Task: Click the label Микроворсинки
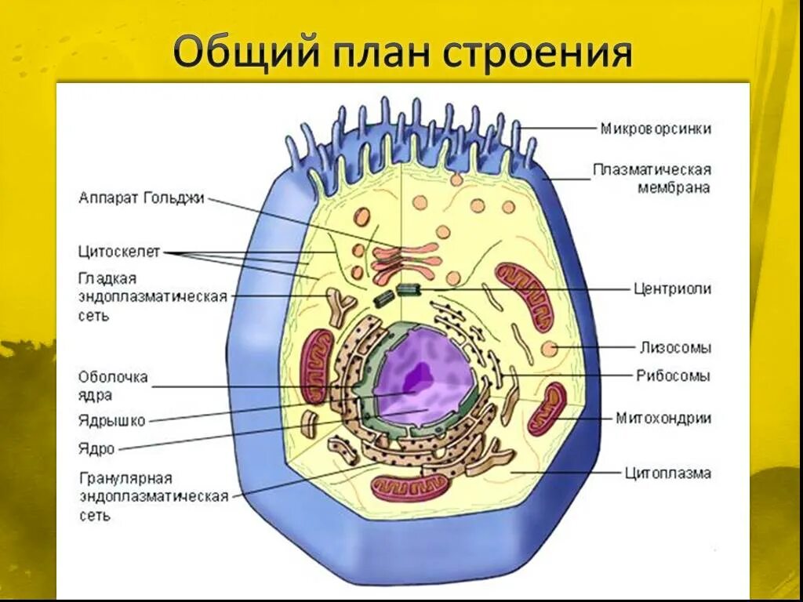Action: click(x=656, y=129)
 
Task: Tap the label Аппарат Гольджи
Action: click(x=141, y=198)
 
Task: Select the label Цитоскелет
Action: click(x=119, y=252)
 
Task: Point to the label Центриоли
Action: click(x=672, y=288)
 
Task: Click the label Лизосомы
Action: click(x=674, y=347)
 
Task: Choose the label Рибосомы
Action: click(x=673, y=375)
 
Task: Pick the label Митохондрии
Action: click(x=663, y=418)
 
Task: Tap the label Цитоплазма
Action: click(x=667, y=473)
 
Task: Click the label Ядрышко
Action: click(x=111, y=421)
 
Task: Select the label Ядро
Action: click(x=96, y=449)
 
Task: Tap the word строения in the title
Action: click(x=538, y=53)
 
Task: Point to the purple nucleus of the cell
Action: click(x=423, y=376)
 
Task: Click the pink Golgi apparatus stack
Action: click(x=405, y=263)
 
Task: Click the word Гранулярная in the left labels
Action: click(x=125, y=477)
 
